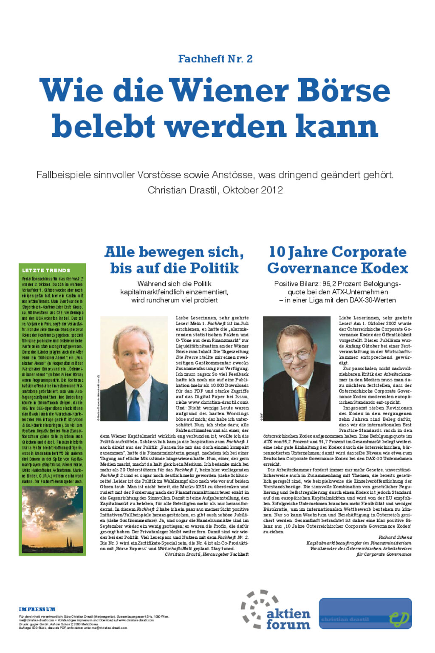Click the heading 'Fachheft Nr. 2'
point(215,59)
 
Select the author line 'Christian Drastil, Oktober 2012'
point(215,190)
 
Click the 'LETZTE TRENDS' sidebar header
point(46,270)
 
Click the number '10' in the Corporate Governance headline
point(277,252)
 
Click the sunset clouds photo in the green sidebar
point(52,519)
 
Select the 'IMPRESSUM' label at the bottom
point(37,609)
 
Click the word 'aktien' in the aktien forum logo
point(288,613)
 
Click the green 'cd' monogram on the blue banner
point(399,618)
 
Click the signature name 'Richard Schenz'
point(395,537)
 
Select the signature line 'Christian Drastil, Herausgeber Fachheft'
point(206,554)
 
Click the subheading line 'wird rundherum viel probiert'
point(174,300)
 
